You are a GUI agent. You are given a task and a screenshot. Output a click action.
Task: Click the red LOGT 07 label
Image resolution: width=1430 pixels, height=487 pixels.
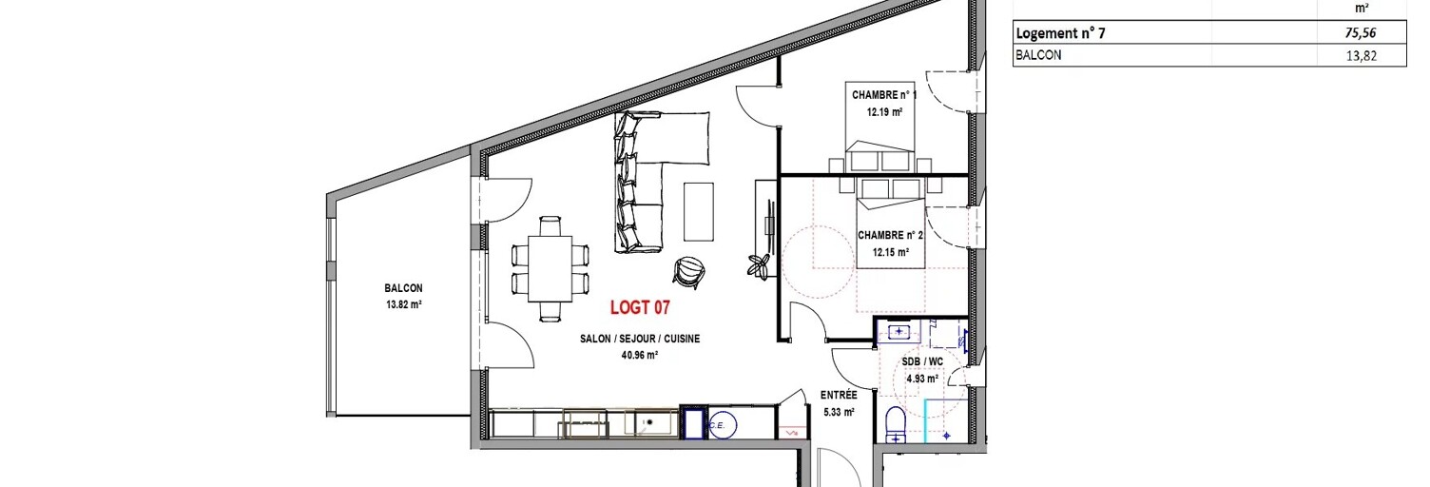(640, 307)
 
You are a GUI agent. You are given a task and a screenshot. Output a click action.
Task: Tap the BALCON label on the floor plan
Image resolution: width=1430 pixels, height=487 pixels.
(403, 288)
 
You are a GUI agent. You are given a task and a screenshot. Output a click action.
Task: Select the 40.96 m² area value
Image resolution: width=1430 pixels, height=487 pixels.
(640, 356)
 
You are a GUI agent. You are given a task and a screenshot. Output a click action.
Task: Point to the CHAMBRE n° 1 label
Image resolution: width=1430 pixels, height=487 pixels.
(884, 95)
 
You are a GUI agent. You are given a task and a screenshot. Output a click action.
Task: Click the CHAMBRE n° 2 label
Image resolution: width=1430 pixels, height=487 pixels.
(890, 236)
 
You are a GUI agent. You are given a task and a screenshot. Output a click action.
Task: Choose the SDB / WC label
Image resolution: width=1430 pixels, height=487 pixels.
(922, 361)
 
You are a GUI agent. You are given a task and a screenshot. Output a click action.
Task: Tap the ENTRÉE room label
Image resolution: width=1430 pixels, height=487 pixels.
(839, 396)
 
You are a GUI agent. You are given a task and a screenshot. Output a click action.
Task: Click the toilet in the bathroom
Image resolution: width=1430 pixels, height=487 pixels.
(896, 424)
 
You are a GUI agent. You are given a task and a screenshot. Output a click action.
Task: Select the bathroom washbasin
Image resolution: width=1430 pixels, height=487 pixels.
(899, 331)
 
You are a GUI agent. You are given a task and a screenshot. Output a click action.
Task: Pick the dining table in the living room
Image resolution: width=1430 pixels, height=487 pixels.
(550, 269)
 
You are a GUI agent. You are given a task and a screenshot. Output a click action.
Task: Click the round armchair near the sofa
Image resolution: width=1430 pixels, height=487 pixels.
(688, 269)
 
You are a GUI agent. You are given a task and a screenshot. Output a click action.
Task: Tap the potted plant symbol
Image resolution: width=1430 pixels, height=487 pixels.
(759, 264)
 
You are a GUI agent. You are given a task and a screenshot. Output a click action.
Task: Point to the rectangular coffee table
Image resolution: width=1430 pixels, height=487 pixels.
(699, 212)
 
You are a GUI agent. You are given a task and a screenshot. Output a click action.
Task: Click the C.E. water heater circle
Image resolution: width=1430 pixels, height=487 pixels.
(724, 424)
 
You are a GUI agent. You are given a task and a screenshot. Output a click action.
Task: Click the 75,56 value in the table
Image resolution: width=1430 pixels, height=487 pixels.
(1361, 32)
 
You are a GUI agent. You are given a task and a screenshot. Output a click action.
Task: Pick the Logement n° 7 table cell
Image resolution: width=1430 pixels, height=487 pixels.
(1060, 32)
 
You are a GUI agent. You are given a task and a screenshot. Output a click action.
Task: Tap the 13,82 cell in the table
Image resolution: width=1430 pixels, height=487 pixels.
(1361, 55)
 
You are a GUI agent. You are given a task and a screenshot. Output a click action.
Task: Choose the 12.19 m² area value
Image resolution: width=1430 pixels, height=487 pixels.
(884, 112)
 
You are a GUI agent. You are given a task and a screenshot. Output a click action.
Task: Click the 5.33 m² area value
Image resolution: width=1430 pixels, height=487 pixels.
(839, 412)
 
